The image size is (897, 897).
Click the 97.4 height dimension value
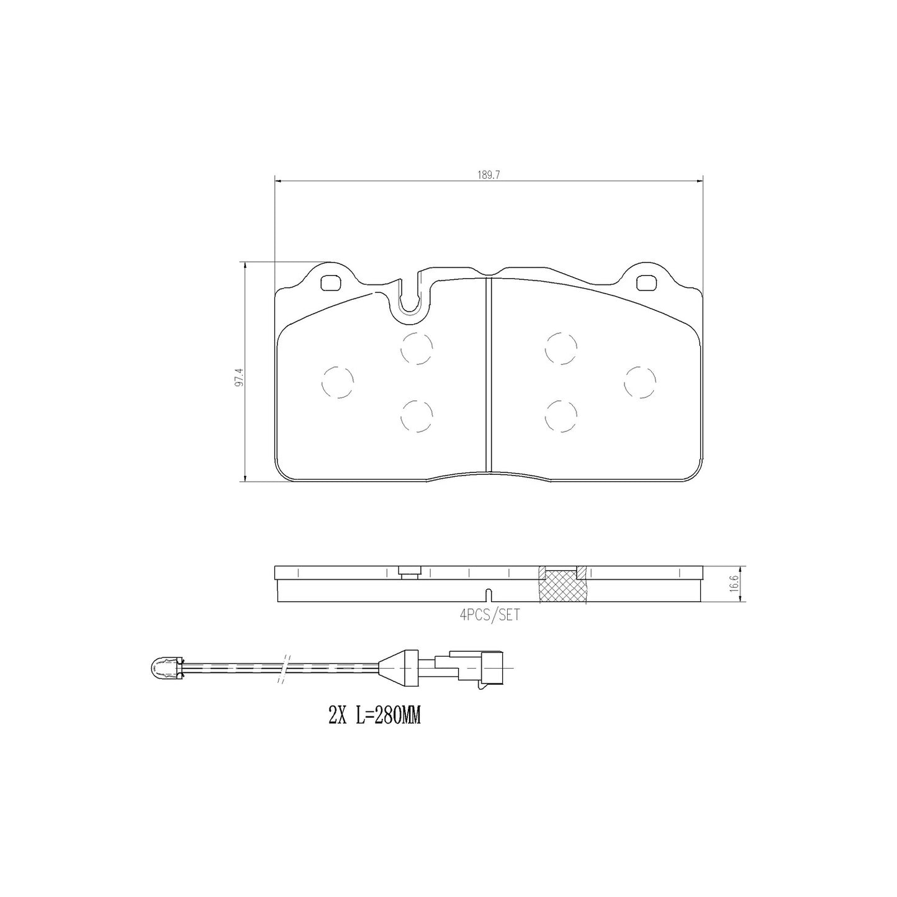239,377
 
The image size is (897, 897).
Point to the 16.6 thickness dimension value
734,584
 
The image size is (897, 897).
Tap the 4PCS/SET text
490,615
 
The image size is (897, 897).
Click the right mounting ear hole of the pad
646,281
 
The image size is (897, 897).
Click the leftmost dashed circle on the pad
338,382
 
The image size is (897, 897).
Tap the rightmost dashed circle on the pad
640,382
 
